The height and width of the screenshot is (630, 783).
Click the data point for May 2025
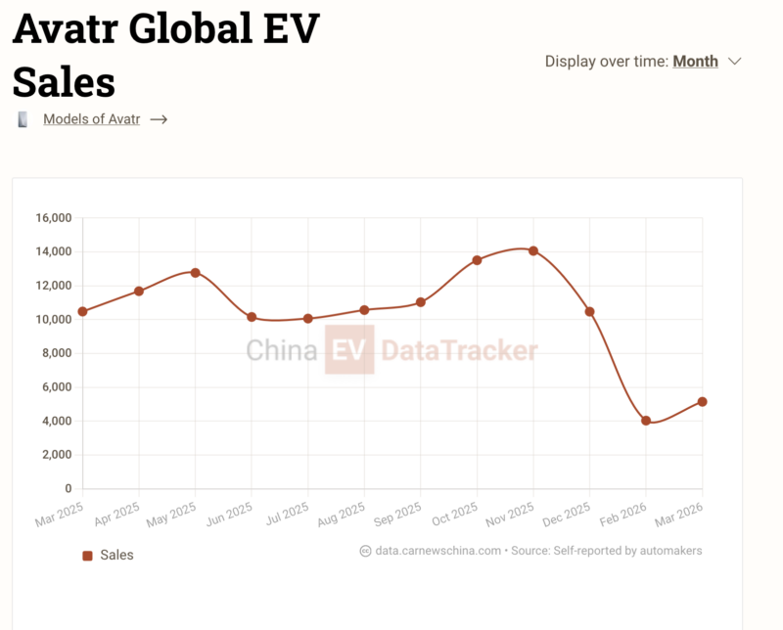pyautogui.click(x=196, y=272)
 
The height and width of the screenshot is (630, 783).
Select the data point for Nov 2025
pyautogui.click(x=533, y=250)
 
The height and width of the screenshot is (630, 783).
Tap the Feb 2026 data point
pyautogui.click(x=646, y=421)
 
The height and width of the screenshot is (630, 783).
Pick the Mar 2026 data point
pyautogui.click(x=703, y=402)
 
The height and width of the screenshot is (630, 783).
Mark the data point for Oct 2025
pyautogui.click(x=477, y=260)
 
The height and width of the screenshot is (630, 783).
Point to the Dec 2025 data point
pyautogui.click(x=589, y=311)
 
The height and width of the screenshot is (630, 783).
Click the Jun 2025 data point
pyautogui.click(x=252, y=317)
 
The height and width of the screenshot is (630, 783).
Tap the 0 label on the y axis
pyautogui.click(x=69, y=488)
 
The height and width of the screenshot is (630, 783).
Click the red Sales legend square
pyautogui.click(x=88, y=555)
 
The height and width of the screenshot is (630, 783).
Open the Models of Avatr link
pyautogui.click(x=91, y=119)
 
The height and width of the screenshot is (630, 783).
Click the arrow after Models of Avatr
pyautogui.click(x=159, y=119)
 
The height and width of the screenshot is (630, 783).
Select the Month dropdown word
pyautogui.click(x=695, y=61)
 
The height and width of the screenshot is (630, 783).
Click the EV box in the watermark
pyautogui.click(x=349, y=350)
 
